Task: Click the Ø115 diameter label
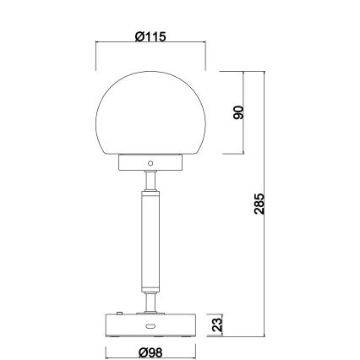click(150, 35)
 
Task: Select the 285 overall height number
click(259, 205)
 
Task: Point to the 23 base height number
click(216, 325)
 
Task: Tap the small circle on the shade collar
click(150, 161)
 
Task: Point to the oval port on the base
click(150, 326)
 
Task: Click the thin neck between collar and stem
click(150, 180)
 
